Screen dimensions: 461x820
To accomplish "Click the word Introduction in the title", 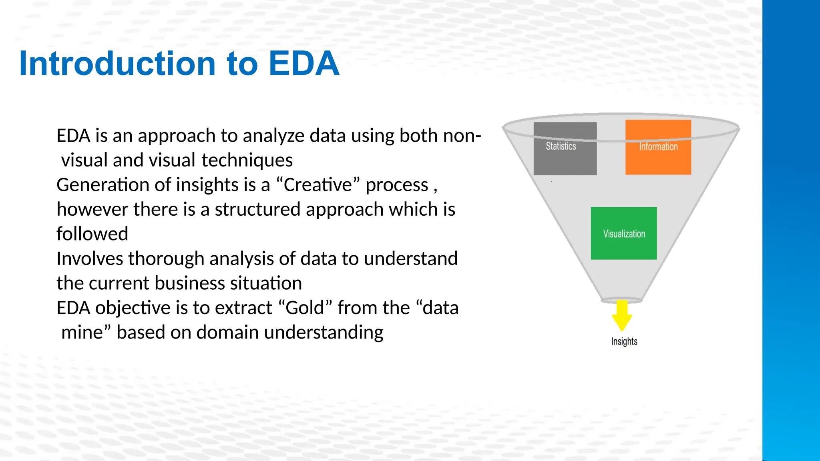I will tap(117, 64).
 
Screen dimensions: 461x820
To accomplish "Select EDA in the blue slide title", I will tap(304, 64).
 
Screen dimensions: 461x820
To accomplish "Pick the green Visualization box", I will tap(624, 233).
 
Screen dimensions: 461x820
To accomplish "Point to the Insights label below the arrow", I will tap(624, 341).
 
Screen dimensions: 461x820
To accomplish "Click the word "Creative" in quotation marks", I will tap(318, 185).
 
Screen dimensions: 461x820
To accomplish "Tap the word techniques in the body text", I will tap(247, 160).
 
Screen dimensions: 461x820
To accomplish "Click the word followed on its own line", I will tap(92, 234).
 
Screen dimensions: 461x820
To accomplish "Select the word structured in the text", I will tap(257, 209).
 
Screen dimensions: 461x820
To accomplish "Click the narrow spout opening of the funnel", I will tap(621, 300).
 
